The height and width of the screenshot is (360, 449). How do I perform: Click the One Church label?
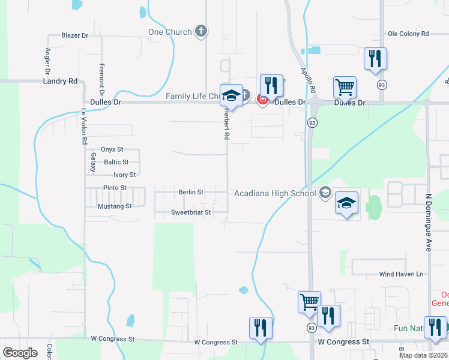pos(170,32)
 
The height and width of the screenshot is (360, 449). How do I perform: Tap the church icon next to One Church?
pos(201,31)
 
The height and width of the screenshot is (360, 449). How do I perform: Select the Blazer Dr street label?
pos(74,35)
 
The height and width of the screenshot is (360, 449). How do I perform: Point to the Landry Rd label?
pos(60,80)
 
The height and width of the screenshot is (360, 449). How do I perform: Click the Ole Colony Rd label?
pos(408,34)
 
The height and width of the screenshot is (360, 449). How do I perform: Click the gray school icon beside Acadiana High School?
pos(325,192)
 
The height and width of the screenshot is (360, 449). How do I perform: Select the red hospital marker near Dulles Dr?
pos(262,99)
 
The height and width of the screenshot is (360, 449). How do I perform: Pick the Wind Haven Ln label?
pos(401,274)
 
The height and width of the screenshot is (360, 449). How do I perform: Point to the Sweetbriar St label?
pos(191,212)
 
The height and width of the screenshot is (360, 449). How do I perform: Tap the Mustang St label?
pos(115,206)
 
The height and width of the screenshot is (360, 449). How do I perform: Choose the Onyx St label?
pos(112,149)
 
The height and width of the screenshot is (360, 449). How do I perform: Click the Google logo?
pos(20,353)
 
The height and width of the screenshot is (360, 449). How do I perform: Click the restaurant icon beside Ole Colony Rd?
pos(376,58)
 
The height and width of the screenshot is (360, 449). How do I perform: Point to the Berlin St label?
pos(191,192)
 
